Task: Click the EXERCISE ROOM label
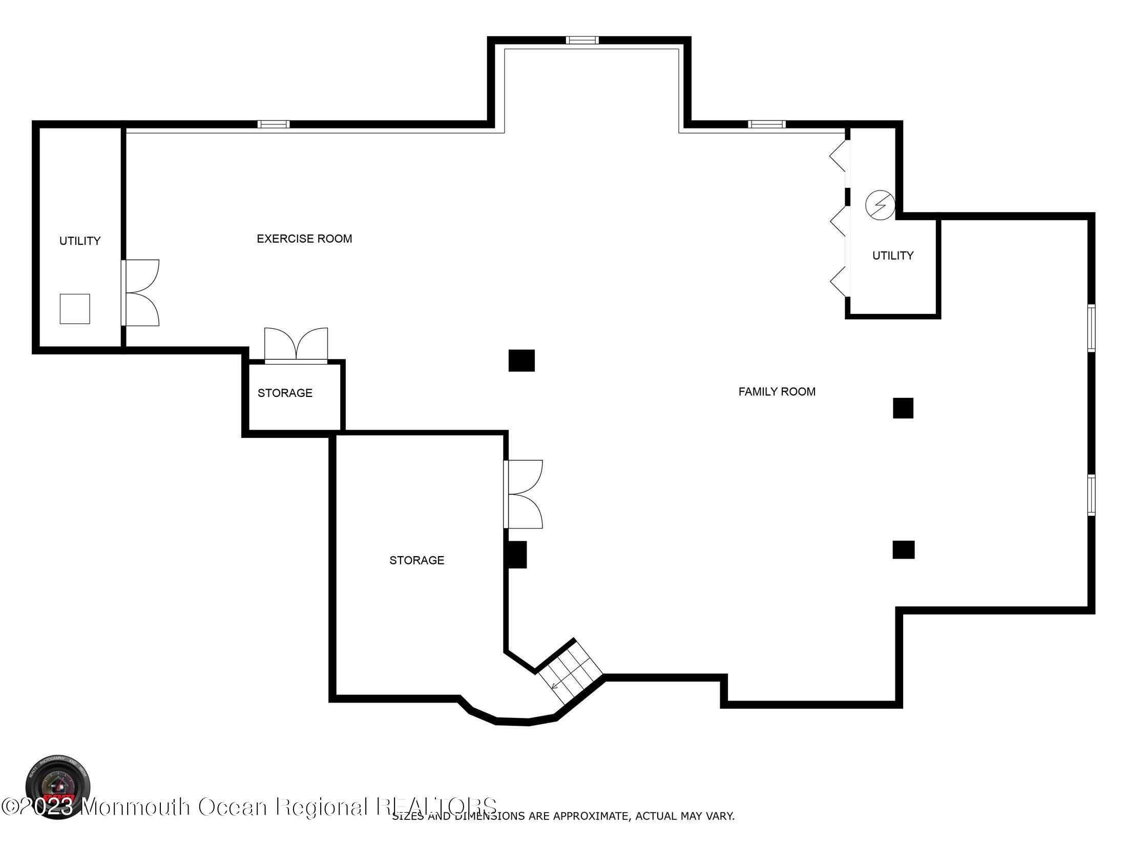304,239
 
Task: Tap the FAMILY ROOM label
777,392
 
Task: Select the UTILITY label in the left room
80,241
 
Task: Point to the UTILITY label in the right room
893,256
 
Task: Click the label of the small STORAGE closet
285,393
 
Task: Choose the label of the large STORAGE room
416,560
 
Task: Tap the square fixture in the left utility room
75,309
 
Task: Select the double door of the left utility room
141,293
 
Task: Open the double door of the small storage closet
296,346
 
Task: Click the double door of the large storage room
524,494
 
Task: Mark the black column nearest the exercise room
521,361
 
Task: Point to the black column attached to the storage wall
516,555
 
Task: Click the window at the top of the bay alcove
582,40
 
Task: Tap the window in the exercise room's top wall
273,124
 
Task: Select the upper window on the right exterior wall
1091,328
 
